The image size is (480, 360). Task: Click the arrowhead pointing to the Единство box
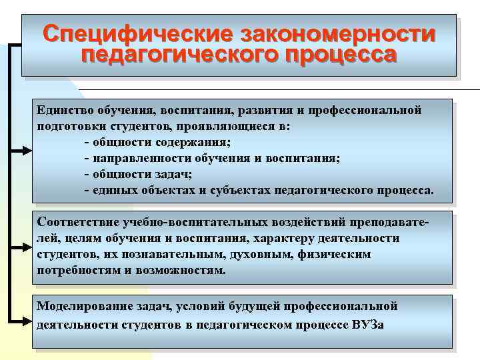pyautogui.click(x=25, y=151)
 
